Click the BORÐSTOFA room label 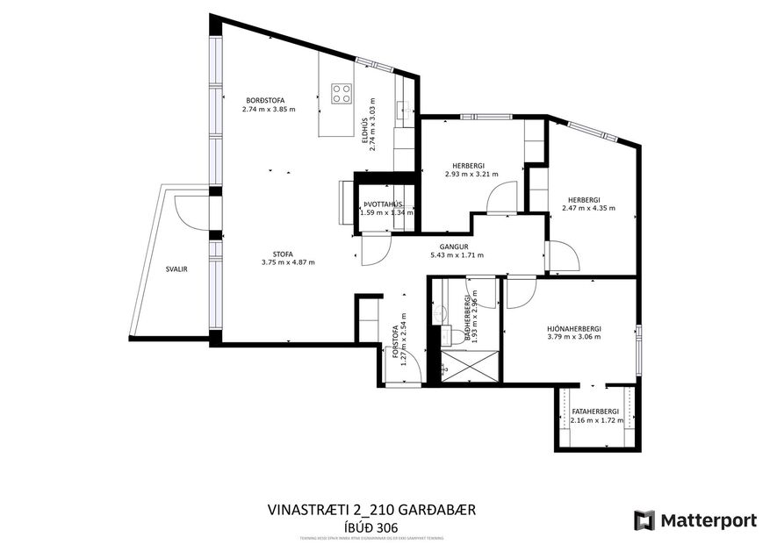point(265,101)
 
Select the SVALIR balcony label point(176,269)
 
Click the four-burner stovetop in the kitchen point(342,93)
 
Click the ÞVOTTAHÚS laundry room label point(386,204)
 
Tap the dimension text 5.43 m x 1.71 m point(457,255)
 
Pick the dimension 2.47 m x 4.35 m point(588,209)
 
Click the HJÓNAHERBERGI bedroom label point(579,328)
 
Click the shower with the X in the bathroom point(469,367)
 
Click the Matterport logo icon point(645,519)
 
